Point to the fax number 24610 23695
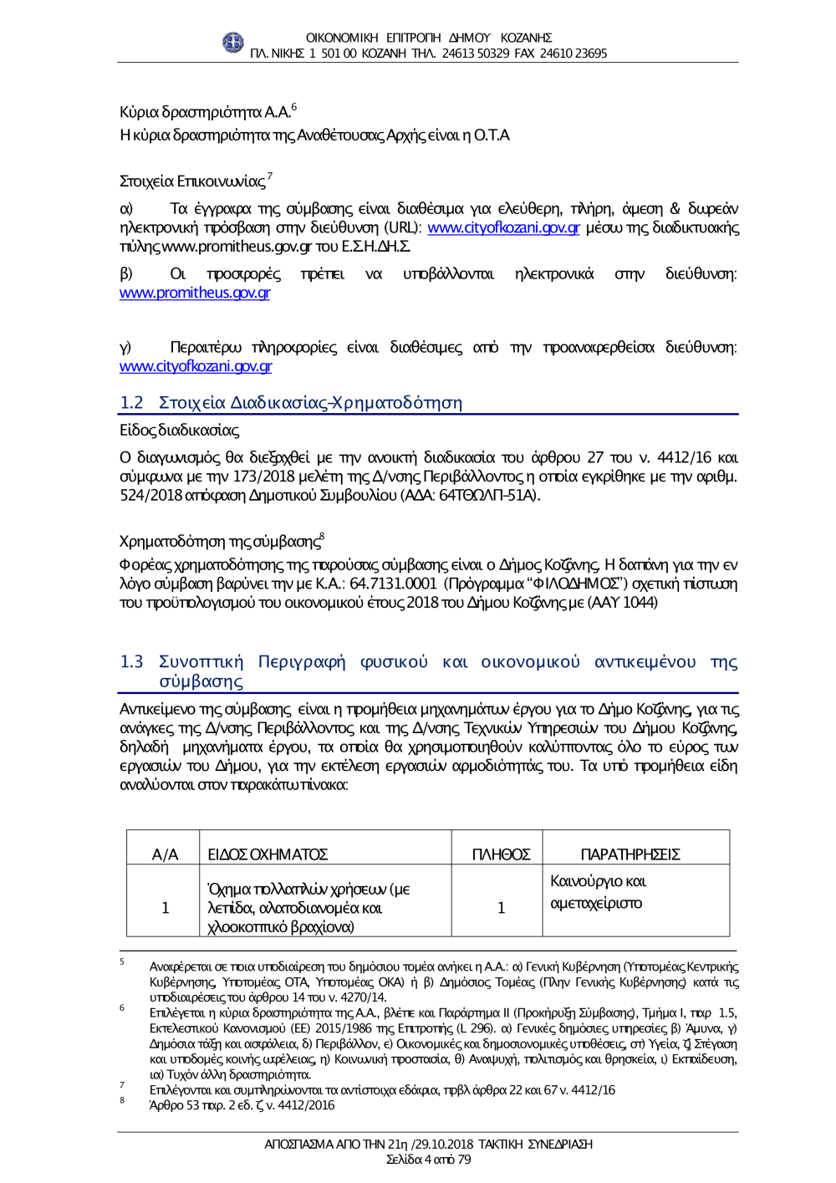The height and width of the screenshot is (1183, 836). [574, 54]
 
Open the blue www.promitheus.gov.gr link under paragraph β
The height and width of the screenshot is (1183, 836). [195, 293]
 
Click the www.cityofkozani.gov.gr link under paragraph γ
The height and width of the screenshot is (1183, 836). [196, 366]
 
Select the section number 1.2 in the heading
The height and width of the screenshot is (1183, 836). [131, 403]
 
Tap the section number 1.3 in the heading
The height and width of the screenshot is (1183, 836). [131, 662]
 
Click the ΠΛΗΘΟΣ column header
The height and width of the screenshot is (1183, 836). [501, 854]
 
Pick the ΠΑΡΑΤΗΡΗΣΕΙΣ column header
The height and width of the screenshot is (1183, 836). [630, 854]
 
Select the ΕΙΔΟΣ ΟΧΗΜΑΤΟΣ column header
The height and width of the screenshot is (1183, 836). [268, 854]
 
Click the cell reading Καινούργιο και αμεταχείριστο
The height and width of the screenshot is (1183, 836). [598, 892]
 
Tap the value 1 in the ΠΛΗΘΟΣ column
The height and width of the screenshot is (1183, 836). [501, 908]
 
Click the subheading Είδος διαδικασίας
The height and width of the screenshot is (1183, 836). [179, 431]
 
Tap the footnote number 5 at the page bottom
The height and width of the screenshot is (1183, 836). [122, 962]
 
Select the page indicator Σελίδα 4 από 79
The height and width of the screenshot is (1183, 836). [428, 1160]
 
